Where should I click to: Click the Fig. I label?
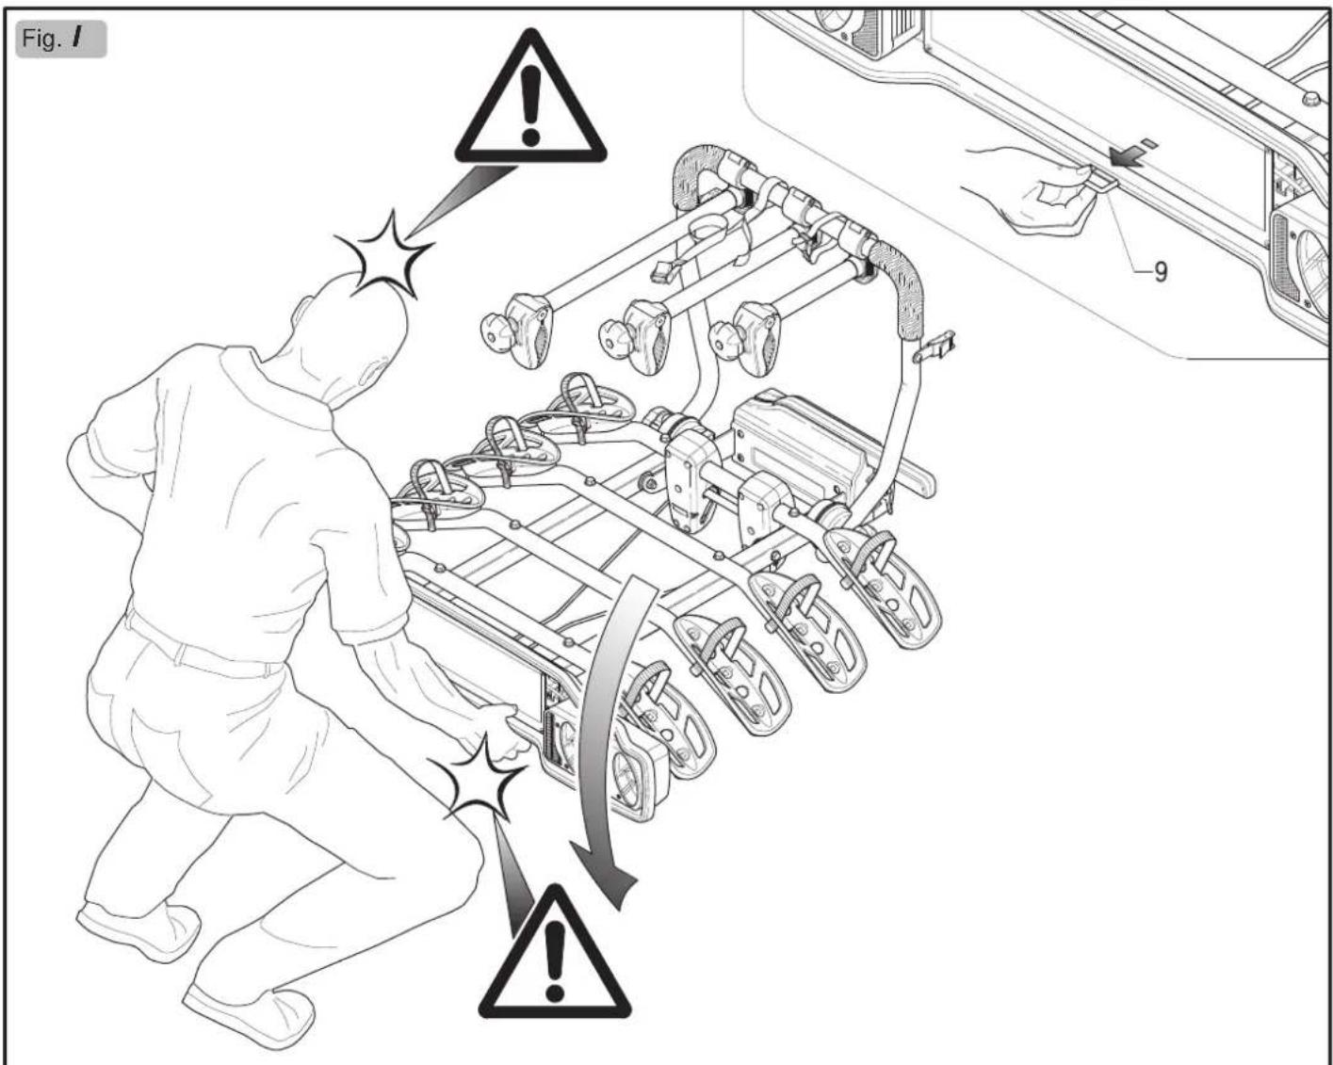[x=60, y=39]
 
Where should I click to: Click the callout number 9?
[x=1161, y=271]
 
